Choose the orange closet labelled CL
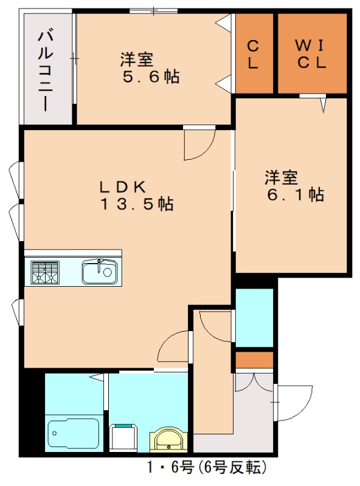coord(254,53)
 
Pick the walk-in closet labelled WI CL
coord(312,53)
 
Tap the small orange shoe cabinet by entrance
coord(254,360)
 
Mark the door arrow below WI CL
coord(323,106)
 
